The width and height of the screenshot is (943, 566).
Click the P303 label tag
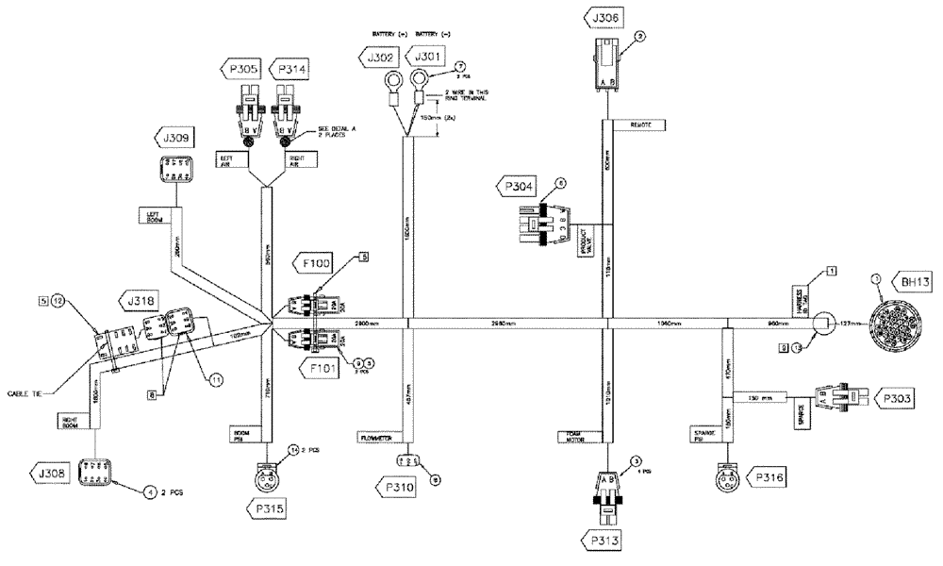click(x=897, y=400)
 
